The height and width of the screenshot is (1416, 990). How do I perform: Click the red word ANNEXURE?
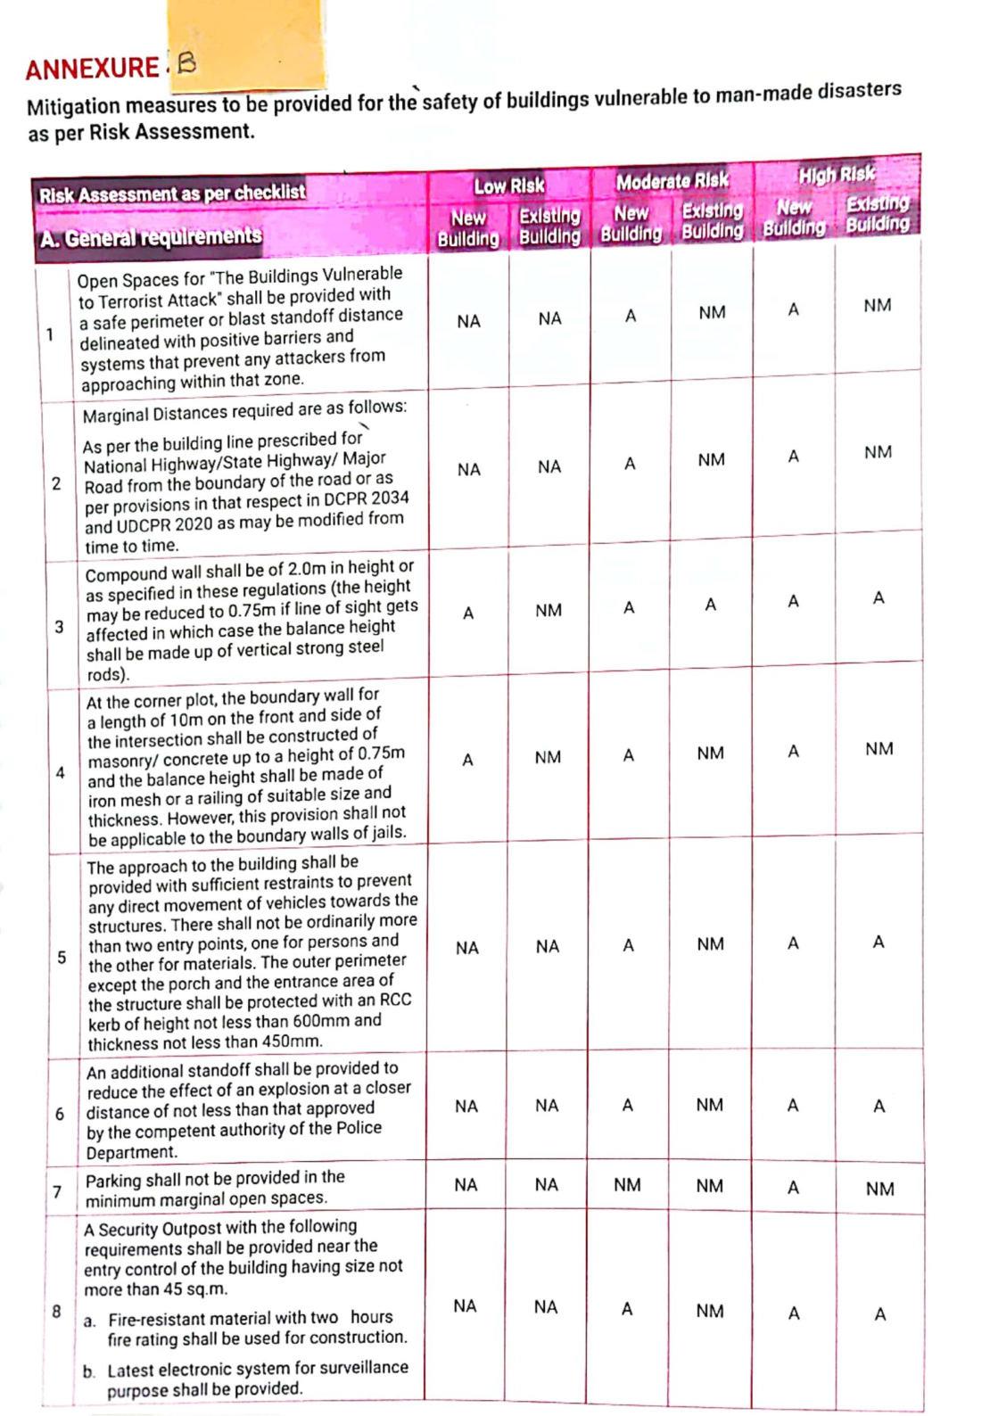(91, 69)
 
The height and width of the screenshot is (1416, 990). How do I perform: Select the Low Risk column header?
(508, 186)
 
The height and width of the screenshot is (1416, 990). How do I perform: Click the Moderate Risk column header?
(672, 181)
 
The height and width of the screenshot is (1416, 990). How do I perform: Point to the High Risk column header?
(836, 174)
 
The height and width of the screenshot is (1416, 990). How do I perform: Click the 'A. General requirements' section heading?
(151, 237)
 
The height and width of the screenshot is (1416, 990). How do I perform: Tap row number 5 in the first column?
(62, 958)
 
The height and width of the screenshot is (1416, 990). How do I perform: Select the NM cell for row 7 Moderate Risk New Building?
(627, 1184)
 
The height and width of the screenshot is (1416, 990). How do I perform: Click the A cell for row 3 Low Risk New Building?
(467, 613)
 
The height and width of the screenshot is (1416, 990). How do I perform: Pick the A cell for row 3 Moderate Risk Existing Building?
(710, 605)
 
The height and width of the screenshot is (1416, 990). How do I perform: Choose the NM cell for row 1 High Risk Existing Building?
(877, 306)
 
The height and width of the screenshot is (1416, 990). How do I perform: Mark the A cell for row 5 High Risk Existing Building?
(879, 942)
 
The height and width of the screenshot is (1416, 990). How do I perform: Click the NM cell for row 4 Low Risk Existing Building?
(548, 757)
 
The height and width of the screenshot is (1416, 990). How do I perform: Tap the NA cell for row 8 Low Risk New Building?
(465, 1306)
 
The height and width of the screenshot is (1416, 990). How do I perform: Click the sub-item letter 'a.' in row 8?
(89, 1320)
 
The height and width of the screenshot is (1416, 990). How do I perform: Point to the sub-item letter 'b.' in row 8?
(89, 1371)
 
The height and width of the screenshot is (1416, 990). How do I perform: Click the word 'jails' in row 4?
(386, 833)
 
